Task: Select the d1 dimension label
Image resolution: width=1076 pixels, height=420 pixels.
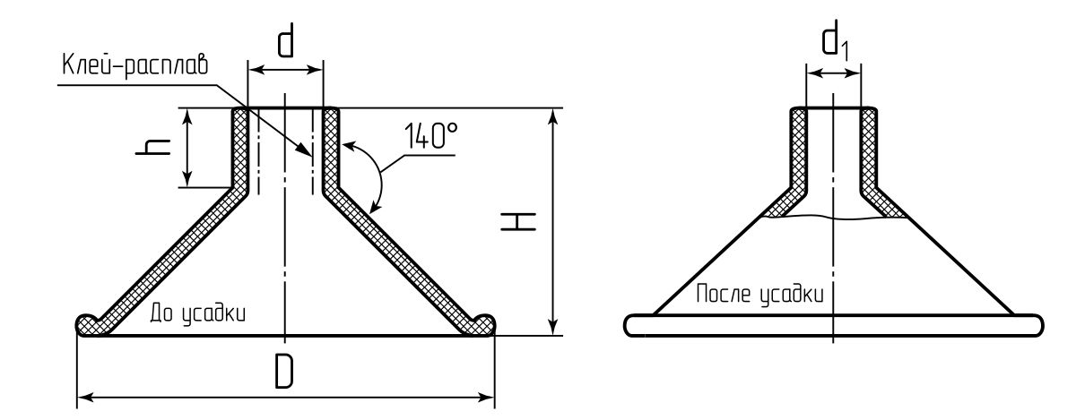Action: tap(835, 41)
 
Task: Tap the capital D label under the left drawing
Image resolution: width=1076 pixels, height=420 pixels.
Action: tap(284, 371)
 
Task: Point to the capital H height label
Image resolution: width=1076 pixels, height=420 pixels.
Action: tap(518, 221)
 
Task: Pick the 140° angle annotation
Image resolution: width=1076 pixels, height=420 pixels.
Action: tap(431, 136)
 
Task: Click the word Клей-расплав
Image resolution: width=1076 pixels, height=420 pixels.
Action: tap(135, 64)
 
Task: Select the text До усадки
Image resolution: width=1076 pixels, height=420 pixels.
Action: tap(198, 313)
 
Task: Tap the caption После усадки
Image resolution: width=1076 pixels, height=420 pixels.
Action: tap(759, 293)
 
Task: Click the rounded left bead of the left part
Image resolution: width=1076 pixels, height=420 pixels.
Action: tap(89, 324)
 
